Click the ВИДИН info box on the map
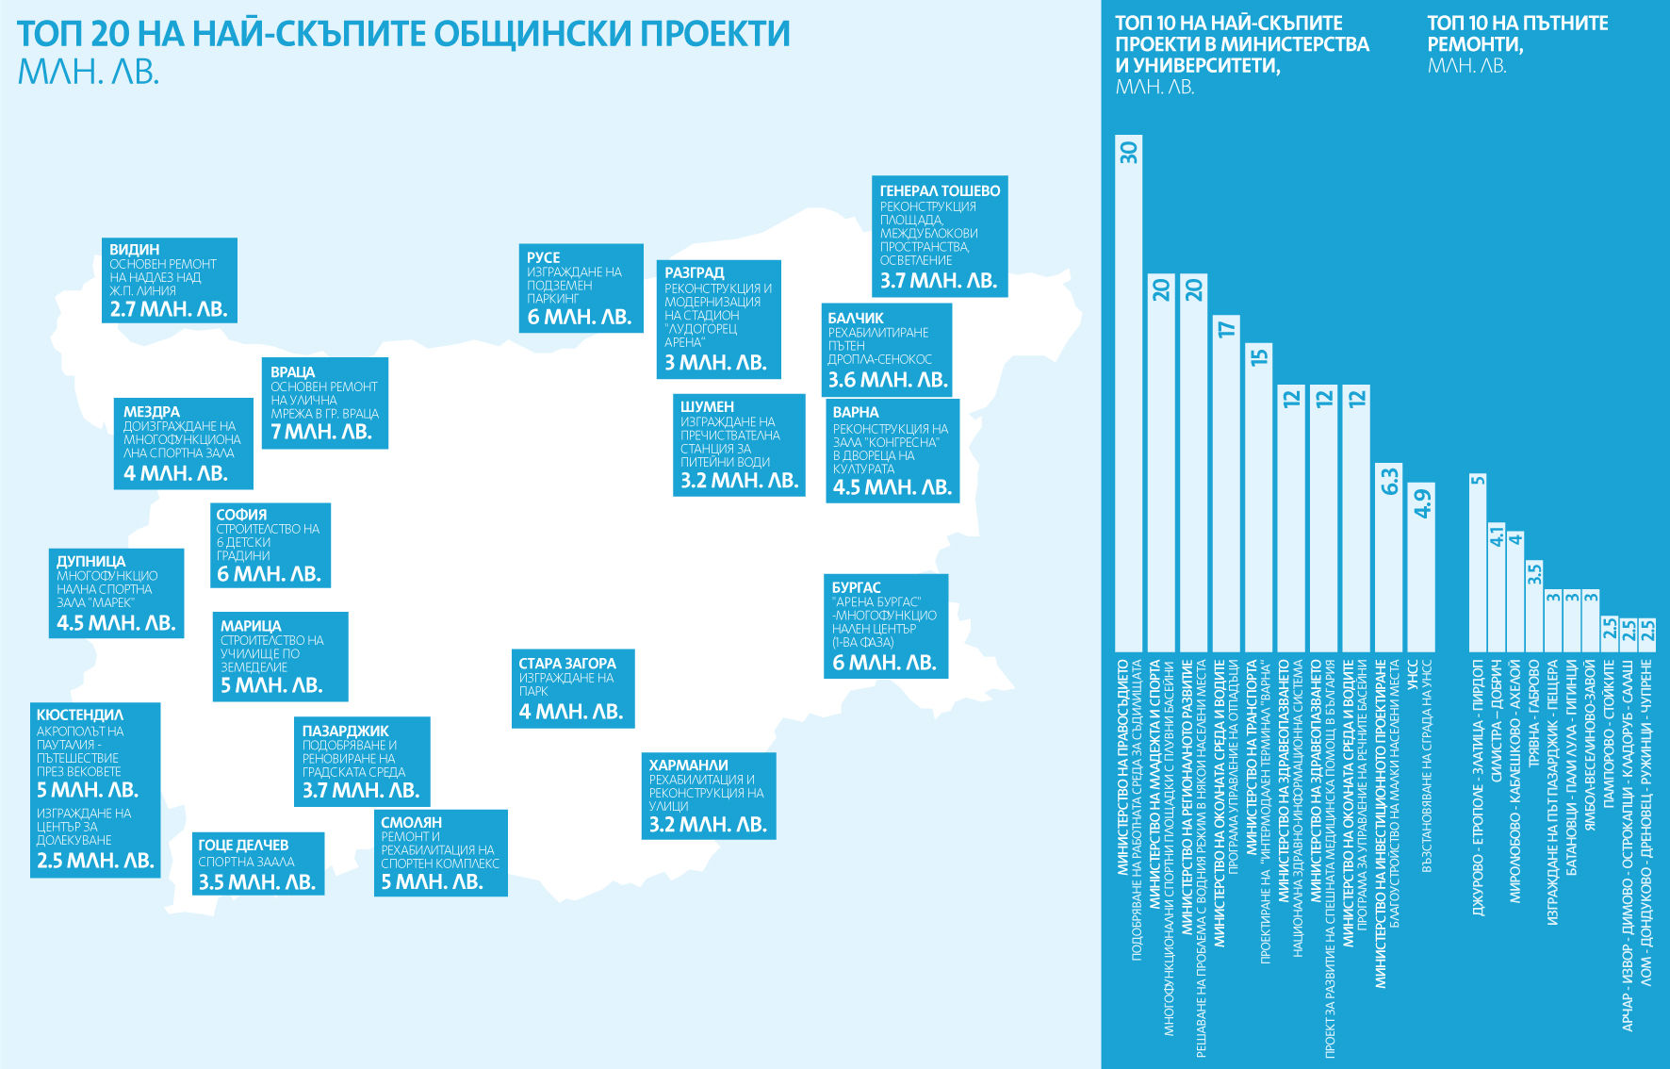tap(170, 280)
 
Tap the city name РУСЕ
tap(544, 257)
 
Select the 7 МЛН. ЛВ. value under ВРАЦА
tap(321, 432)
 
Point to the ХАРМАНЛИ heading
tap(689, 765)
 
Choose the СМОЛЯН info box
tap(440, 853)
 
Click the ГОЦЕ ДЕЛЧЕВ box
tap(258, 863)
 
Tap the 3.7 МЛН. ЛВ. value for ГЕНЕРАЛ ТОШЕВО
tap(939, 281)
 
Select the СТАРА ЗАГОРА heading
tap(567, 664)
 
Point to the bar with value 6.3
tap(1388, 557)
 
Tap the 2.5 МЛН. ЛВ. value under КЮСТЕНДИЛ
tap(95, 861)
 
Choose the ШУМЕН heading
tap(707, 406)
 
